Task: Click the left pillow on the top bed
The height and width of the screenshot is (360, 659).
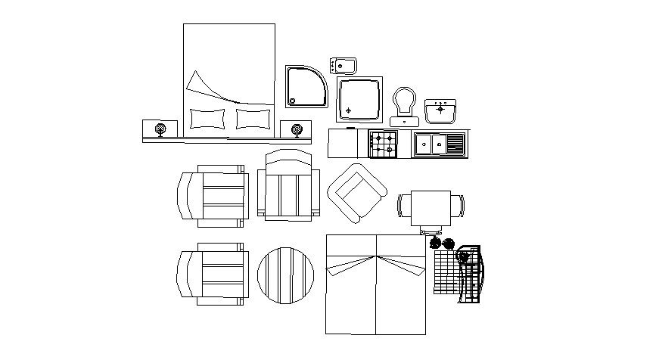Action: coord(207,119)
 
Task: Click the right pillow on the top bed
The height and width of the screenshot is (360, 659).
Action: coord(253,119)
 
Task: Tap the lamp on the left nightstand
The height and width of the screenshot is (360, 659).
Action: coord(160,130)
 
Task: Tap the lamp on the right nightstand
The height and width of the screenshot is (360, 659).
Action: coord(297,130)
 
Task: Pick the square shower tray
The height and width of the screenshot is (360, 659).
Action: coord(361,99)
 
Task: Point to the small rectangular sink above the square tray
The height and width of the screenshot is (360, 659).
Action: coord(344,65)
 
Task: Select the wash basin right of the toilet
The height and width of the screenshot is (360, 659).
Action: coord(440,111)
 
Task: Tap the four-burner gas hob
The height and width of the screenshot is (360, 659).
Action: coord(383,144)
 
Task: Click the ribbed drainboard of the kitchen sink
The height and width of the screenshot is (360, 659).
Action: coord(455,143)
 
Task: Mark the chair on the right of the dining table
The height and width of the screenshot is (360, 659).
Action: coord(459,206)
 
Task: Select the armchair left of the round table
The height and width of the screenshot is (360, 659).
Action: coord(212,274)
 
